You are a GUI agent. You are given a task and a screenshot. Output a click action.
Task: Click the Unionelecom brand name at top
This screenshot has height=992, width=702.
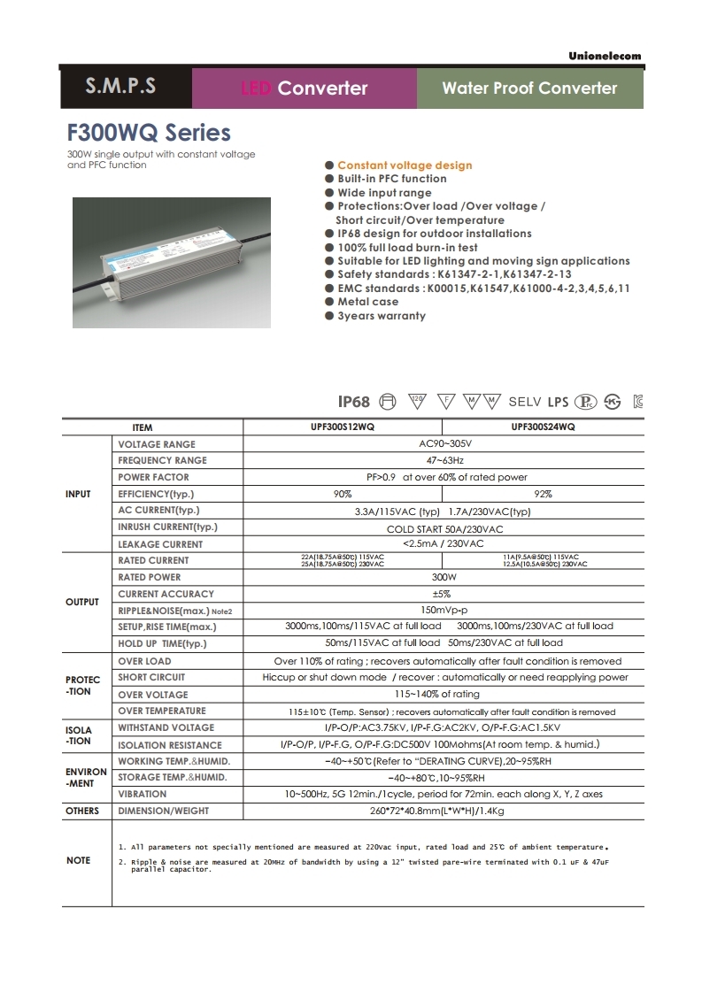click(606, 56)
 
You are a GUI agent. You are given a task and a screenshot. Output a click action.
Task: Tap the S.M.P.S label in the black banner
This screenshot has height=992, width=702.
click(120, 87)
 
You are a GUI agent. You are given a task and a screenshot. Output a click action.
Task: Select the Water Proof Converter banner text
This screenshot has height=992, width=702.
click(529, 88)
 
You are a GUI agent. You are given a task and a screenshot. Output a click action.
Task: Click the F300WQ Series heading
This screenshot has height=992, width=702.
click(149, 133)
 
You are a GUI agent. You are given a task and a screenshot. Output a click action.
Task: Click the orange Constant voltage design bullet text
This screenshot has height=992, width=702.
click(405, 165)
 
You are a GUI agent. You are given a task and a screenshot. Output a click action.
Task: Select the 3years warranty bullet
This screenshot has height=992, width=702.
click(381, 316)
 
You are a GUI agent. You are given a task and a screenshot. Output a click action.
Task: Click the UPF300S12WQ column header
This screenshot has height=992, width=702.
click(342, 427)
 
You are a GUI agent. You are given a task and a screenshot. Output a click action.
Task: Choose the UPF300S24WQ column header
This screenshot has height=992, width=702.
click(543, 427)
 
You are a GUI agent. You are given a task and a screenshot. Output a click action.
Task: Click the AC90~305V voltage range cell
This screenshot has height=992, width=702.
click(444, 443)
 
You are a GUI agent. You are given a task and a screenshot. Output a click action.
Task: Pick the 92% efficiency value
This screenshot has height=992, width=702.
click(543, 494)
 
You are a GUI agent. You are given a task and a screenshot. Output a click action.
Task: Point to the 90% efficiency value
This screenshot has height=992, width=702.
click(342, 494)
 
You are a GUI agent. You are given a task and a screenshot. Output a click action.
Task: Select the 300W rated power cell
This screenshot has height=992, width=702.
click(444, 577)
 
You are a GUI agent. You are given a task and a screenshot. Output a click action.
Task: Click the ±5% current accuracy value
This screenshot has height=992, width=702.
click(444, 594)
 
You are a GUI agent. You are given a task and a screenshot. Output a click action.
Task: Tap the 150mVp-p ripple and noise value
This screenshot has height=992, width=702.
click(444, 611)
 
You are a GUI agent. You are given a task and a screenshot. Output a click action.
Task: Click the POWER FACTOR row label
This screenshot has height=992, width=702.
click(153, 477)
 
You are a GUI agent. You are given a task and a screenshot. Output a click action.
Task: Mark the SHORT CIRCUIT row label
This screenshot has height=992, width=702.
click(151, 677)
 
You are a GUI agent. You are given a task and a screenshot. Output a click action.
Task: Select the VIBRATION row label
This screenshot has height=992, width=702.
click(142, 795)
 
